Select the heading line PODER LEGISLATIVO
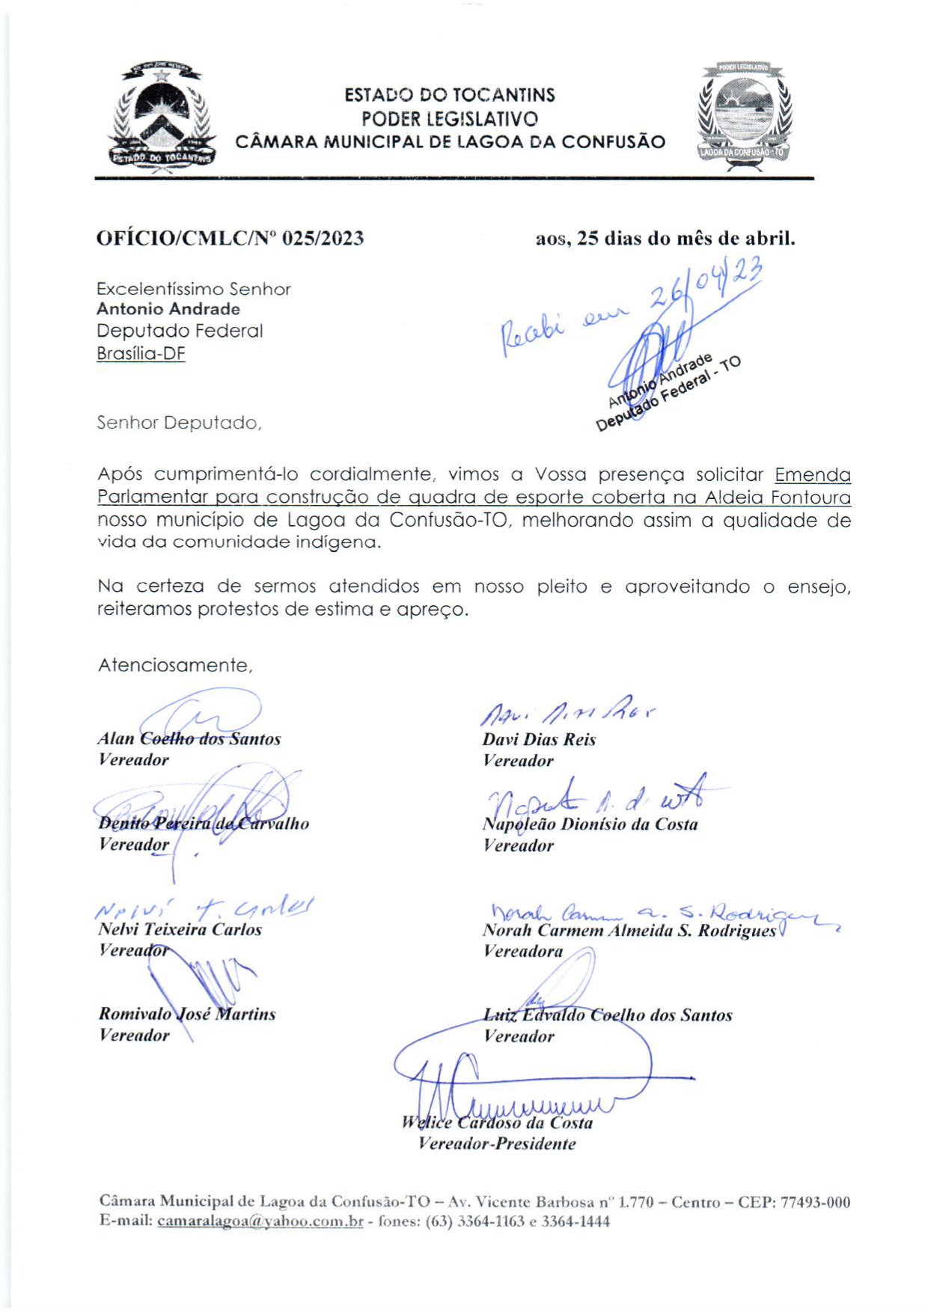click(x=449, y=118)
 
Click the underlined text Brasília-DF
click(x=141, y=353)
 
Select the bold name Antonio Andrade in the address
click(x=168, y=309)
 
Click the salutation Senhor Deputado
click(x=179, y=423)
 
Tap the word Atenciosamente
click(x=175, y=665)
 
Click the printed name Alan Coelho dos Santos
click(x=189, y=738)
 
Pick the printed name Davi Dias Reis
click(x=539, y=739)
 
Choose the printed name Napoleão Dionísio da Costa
click(x=590, y=824)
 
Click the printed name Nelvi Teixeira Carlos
click(x=180, y=929)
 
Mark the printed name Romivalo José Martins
click(x=187, y=1014)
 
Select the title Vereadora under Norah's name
click(x=523, y=951)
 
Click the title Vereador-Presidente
click(x=497, y=1143)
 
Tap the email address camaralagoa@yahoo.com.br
click(x=260, y=1221)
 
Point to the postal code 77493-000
click(x=815, y=1202)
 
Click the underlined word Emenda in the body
click(x=813, y=475)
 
